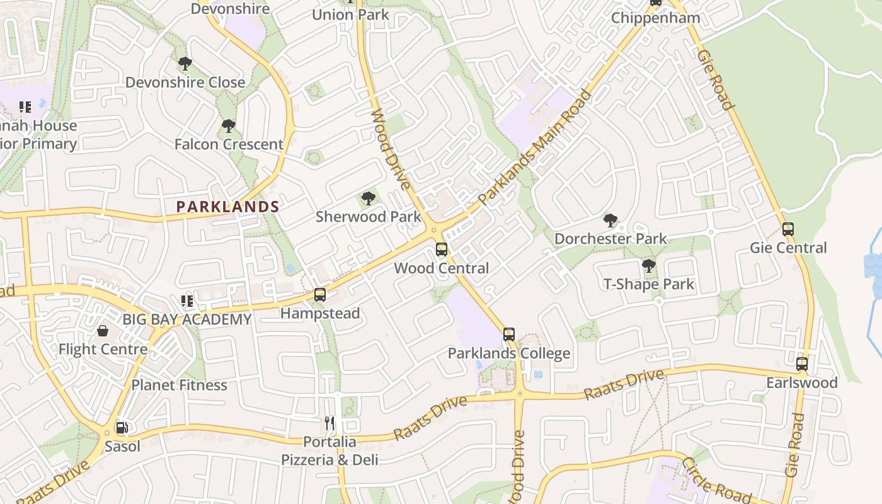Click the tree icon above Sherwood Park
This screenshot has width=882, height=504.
(x=369, y=200)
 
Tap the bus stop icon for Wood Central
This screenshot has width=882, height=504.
(x=442, y=249)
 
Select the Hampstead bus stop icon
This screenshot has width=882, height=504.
(x=320, y=294)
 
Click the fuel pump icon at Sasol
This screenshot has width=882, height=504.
(x=122, y=428)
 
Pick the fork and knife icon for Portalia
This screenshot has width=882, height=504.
(x=329, y=423)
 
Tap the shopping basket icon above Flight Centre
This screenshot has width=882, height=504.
(x=102, y=330)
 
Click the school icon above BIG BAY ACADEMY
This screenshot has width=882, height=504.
(x=186, y=301)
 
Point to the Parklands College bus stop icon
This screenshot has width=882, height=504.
(x=509, y=335)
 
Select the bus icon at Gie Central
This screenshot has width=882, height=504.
(x=787, y=229)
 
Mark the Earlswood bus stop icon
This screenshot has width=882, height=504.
(x=801, y=364)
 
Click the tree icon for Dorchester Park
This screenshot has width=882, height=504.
(x=610, y=220)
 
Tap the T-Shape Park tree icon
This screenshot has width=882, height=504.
(x=649, y=266)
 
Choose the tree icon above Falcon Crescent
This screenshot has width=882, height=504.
(x=229, y=126)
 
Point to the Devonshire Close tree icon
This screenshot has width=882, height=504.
(x=185, y=64)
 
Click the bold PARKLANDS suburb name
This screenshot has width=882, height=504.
(x=227, y=207)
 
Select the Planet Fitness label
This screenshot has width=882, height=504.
(x=179, y=385)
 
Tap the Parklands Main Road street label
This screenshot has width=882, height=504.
(x=535, y=147)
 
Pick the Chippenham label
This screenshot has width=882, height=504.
(x=655, y=18)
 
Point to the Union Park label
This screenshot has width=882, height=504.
(x=350, y=14)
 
